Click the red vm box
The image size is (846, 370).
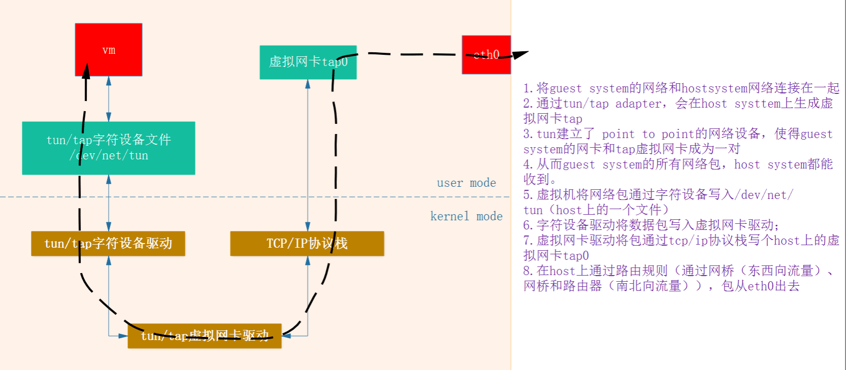[109, 50]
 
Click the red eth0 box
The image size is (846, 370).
[486, 55]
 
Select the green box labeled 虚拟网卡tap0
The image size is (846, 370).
[308, 62]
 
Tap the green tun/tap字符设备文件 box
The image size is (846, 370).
[108, 148]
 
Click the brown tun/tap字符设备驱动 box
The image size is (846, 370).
[108, 244]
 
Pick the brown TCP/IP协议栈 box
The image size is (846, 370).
[307, 244]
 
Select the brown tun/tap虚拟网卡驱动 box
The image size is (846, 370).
[204, 335]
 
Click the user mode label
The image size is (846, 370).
[466, 183]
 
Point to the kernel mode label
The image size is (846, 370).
[466, 216]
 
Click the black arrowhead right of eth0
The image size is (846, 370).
[521, 54]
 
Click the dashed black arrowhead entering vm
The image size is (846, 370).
[86, 71]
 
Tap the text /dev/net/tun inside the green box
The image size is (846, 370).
[109, 155]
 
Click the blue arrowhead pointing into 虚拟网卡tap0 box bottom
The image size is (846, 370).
[308, 84]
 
